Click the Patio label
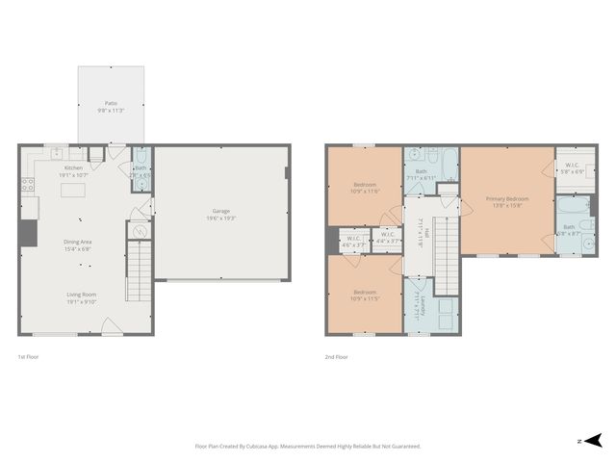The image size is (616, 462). click(111, 102)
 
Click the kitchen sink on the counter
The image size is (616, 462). click(57, 152)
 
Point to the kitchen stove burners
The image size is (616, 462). click(28, 182)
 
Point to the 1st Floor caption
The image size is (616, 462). click(27, 357)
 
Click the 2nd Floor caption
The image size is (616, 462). click(335, 357)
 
